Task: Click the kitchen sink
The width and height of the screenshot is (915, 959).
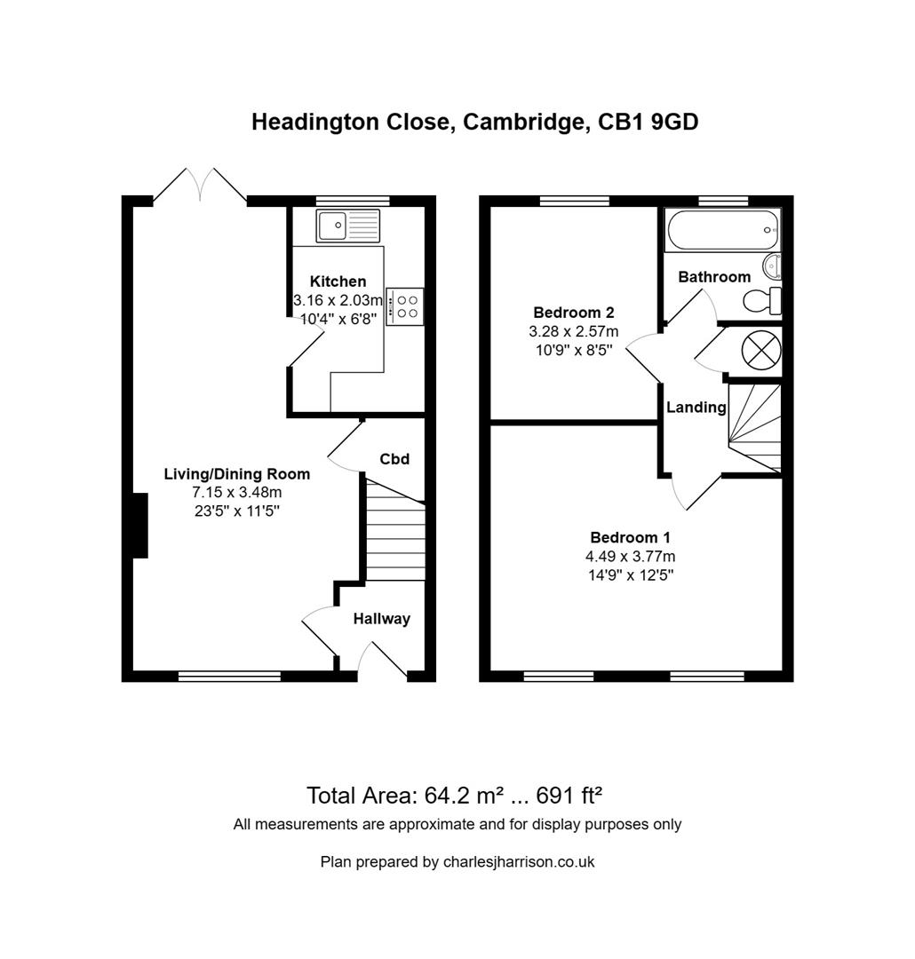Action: pos(347,226)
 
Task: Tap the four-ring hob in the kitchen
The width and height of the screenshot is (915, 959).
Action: pos(405,306)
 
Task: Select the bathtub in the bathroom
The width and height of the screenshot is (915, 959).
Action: pos(722,229)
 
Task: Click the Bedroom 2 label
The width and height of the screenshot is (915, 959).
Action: pos(573,313)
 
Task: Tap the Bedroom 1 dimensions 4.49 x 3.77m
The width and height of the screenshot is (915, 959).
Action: pos(630,557)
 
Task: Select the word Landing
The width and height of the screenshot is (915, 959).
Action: pos(696,408)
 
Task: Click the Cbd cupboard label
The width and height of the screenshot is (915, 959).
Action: pos(394,459)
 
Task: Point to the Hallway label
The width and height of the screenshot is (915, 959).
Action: pos(382,619)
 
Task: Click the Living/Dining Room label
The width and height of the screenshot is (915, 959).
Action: pos(237,474)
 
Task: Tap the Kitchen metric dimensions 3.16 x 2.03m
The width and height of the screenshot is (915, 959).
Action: pos(338,300)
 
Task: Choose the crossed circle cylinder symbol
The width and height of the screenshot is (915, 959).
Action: pos(760,348)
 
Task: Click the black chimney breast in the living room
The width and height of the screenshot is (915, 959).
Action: pos(139,526)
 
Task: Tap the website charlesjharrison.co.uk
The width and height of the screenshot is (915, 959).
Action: pos(519,861)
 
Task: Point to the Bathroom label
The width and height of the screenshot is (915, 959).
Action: pos(714,277)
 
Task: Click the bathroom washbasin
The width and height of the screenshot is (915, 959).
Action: pos(773,266)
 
